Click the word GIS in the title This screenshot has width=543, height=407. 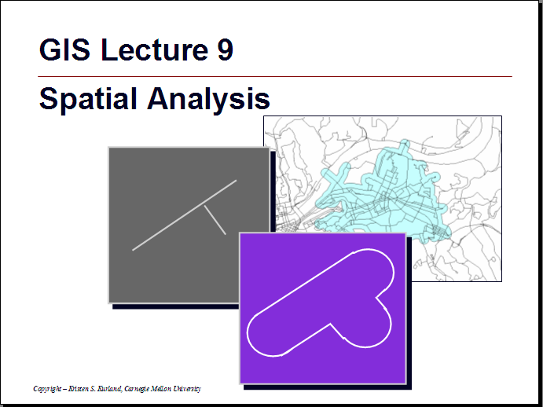(64, 49)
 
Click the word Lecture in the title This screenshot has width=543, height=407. (155, 49)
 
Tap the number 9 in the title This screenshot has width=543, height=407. (226, 49)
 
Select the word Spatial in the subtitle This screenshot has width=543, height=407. (88, 100)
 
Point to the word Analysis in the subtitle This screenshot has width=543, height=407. (208, 100)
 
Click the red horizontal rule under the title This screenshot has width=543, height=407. (274, 76)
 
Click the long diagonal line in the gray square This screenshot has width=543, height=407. (184, 215)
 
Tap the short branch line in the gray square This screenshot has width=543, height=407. (215, 220)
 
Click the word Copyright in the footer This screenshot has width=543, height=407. (47, 389)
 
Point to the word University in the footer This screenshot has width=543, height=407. (187, 389)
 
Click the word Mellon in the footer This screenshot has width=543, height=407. (161, 388)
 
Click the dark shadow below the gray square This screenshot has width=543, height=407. (175, 306)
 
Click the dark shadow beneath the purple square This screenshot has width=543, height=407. (327, 387)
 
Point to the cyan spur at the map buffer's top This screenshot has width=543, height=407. (404, 146)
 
